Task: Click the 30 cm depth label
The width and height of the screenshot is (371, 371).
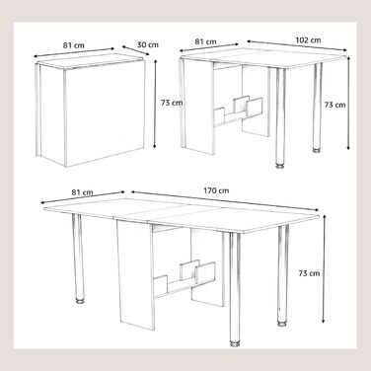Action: [148, 44]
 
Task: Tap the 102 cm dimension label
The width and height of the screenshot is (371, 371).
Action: [308, 40]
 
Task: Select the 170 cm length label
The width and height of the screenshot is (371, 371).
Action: [216, 190]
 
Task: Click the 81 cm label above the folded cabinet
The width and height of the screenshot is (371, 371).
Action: [74, 45]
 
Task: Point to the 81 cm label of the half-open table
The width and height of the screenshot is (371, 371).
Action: [205, 41]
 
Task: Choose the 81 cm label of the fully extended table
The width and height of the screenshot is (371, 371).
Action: [82, 192]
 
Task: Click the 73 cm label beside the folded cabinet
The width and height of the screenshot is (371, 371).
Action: [172, 103]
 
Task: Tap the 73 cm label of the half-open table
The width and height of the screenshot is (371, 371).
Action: [335, 105]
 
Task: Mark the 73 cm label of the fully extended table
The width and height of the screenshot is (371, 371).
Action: [309, 273]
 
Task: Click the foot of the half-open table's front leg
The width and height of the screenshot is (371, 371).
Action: [280, 166]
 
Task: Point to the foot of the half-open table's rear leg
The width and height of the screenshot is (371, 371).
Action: [317, 151]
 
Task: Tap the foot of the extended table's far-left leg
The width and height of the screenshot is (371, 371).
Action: [79, 301]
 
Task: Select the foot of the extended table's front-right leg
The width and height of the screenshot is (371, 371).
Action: [235, 343]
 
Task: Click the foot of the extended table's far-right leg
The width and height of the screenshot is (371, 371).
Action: [281, 324]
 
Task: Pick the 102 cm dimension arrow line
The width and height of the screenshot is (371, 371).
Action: [297, 45]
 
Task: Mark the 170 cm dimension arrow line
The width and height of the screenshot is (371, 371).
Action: [225, 201]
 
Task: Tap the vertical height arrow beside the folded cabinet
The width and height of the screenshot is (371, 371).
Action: [155, 104]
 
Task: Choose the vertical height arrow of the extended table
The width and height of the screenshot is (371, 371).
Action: [325, 269]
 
